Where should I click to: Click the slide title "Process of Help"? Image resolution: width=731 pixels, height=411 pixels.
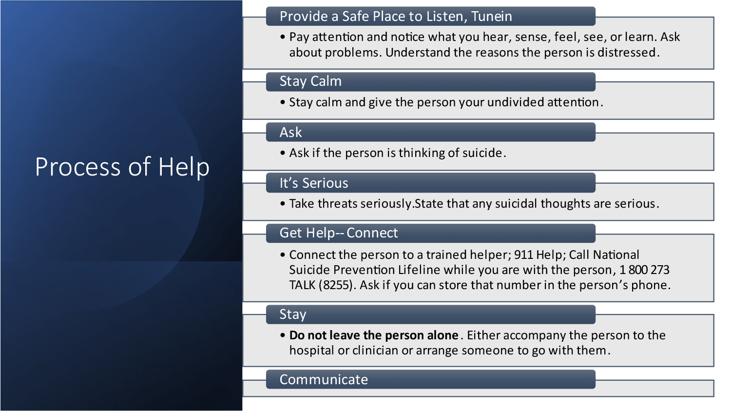[122, 167]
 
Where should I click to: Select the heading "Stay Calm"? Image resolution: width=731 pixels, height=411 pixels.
[310, 81]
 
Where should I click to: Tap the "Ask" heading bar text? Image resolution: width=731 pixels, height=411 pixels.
[290, 132]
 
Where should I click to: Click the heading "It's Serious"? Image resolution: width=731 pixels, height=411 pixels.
[314, 183]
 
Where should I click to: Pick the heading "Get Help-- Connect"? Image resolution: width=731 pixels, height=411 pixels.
[338, 233]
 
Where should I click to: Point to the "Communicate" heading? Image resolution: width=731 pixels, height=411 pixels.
[324, 379]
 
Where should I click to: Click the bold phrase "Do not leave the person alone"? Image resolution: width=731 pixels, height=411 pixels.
[374, 335]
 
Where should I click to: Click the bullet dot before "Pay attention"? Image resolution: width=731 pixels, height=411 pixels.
[283, 37]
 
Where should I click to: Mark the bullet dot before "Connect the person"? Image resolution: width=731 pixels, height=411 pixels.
[283, 254]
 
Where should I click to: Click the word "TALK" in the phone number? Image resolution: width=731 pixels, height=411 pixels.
[302, 285]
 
